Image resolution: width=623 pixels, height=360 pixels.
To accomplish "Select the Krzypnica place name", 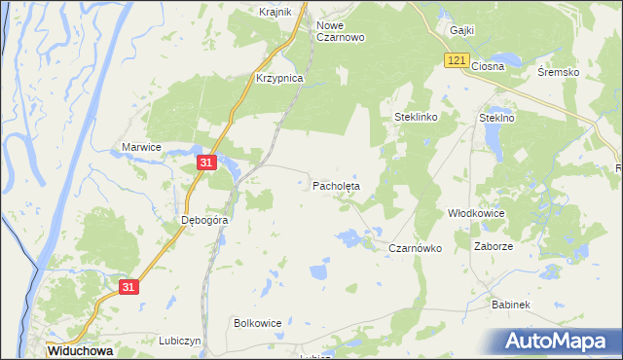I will [279, 77].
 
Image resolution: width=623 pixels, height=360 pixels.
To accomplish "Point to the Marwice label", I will [140, 146].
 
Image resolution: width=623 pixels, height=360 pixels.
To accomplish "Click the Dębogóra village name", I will [204, 220].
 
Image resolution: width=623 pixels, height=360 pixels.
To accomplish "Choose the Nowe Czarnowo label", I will [341, 31].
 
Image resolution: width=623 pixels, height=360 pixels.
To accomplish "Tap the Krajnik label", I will [275, 12].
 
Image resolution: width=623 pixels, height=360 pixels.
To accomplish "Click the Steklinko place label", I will [417, 117].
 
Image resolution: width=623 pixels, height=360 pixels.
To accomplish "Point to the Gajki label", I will [461, 30].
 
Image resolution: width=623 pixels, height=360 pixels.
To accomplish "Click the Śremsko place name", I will [559, 73].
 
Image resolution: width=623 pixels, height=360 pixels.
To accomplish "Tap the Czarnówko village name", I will [416, 248].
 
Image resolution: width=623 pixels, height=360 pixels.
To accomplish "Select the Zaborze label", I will [493, 246].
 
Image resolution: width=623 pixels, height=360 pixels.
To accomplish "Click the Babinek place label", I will [510, 305].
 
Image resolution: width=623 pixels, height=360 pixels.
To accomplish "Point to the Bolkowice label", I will [258, 322].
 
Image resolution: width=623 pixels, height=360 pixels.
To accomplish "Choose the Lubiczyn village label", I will [179, 341].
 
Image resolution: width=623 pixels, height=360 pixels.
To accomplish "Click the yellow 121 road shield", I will [458, 60].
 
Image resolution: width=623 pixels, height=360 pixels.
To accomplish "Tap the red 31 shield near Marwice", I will [205, 163].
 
